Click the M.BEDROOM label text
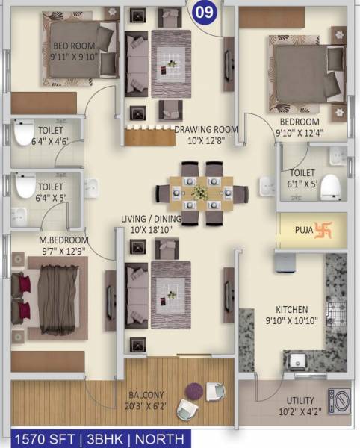(63, 240)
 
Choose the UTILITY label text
(295, 400)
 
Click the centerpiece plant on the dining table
(199, 192)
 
